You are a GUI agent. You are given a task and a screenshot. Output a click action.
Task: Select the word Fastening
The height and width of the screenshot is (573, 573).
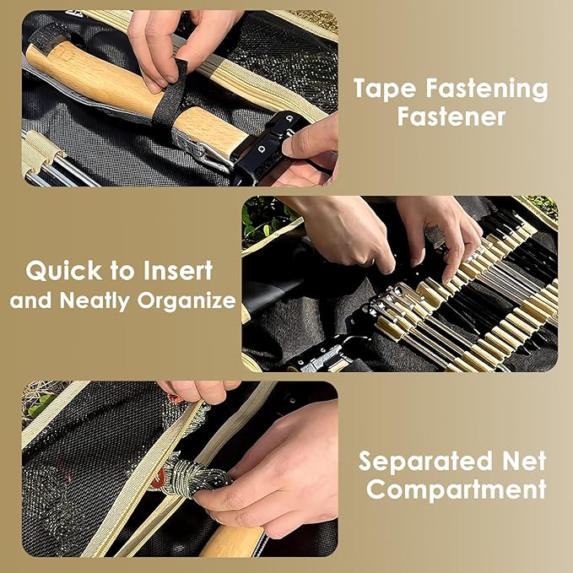coord(487,90)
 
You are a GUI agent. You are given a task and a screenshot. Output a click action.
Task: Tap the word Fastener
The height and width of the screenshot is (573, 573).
coord(451,117)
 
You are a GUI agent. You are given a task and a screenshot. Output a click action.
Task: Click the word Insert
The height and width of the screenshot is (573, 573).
coord(177,270)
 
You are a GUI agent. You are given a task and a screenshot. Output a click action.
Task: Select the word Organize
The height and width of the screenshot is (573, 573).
coord(186,301)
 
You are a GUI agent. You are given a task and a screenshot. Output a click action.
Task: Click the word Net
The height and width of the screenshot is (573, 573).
coord(524,461)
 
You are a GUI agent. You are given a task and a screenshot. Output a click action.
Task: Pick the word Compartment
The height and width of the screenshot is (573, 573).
coord(456,489)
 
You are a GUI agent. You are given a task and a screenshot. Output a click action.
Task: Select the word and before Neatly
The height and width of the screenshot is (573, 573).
coord(30,300)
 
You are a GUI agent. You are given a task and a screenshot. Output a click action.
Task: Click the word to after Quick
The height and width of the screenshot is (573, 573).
coord(122,272)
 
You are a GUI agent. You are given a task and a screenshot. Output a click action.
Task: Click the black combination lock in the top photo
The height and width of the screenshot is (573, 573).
coord(268,146)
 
